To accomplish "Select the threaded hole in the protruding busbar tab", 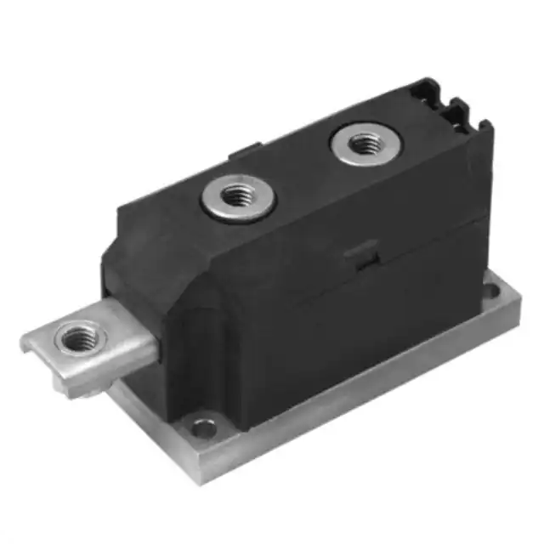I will point(80,337).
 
